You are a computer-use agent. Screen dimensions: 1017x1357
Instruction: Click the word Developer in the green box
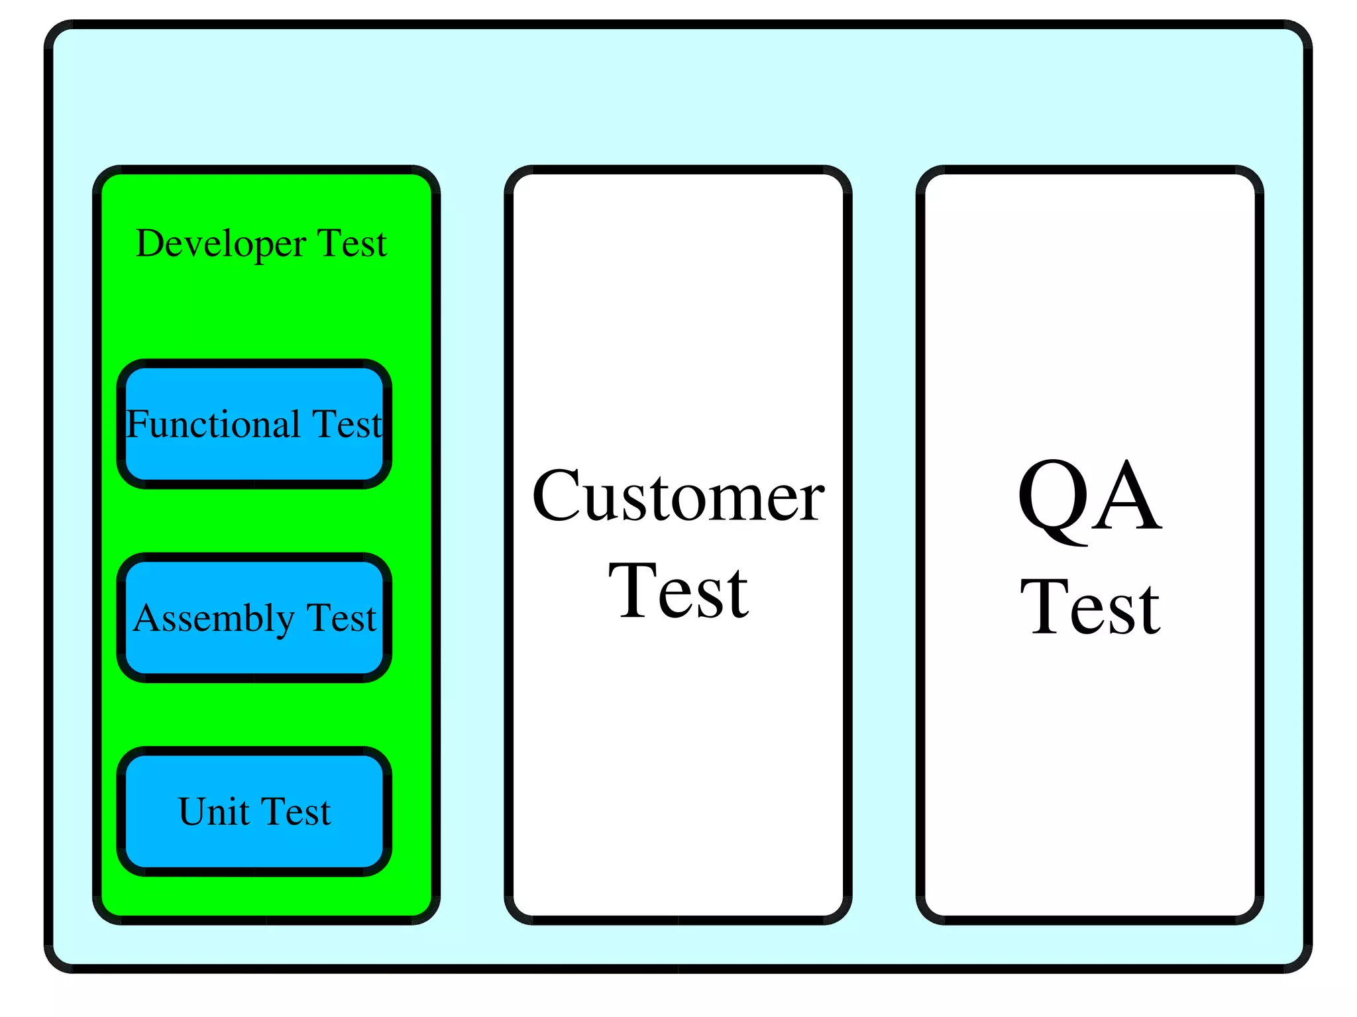(220, 244)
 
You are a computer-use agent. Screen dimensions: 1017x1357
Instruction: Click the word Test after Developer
(352, 244)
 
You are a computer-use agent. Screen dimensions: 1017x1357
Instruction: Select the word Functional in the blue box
(213, 424)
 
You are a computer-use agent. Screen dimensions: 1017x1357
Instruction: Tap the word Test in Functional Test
(347, 424)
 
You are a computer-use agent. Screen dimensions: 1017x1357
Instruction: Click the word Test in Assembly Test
(341, 618)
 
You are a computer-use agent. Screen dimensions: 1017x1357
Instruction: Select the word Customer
(678, 497)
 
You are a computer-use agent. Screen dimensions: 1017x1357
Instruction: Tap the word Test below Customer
(678, 591)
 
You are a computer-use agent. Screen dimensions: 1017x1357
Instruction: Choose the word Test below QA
(1089, 607)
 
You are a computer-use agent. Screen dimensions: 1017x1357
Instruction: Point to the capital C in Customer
(558, 497)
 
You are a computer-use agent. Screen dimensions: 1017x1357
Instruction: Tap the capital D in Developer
(149, 244)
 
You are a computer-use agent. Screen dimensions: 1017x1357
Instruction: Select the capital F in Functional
(138, 424)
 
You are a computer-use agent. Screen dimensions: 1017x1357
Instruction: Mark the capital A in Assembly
(146, 618)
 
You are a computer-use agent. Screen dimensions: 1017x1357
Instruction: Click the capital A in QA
(1126, 497)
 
